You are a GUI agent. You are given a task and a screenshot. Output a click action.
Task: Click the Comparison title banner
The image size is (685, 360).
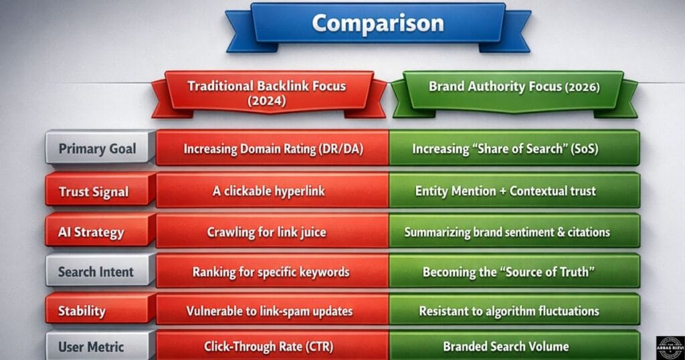[377, 23]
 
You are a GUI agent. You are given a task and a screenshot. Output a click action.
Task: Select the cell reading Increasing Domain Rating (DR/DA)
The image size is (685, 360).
[273, 149]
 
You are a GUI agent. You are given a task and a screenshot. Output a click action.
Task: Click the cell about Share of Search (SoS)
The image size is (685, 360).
[513, 149]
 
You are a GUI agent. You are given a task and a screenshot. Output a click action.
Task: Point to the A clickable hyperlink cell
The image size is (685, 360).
[273, 191]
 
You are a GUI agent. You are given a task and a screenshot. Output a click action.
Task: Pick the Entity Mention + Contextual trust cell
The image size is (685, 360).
[513, 191]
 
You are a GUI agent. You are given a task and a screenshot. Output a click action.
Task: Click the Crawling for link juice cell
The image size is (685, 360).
[273, 232]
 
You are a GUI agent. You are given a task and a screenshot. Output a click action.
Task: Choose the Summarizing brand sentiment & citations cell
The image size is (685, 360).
[513, 232]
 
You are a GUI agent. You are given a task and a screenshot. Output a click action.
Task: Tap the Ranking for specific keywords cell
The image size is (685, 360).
[273, 272]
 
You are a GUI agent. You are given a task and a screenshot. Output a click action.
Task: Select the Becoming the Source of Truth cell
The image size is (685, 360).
[513, 272]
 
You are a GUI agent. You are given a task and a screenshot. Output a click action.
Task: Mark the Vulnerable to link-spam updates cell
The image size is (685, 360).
[273, 310]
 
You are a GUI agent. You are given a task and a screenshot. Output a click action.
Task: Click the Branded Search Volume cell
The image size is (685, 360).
[513, 346]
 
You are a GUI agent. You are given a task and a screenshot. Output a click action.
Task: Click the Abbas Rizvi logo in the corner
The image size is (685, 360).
[669, 346]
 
